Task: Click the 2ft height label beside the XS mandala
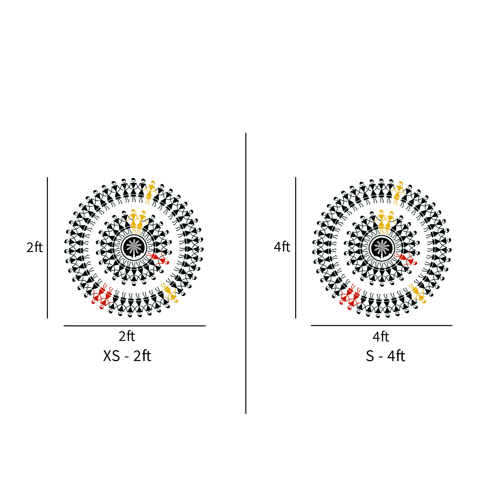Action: click(x=34, y=247)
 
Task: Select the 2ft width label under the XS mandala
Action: click(x=127, y=336)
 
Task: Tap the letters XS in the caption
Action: click(x=112, y=356)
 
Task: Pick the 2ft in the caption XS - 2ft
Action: click(x=142, y=356)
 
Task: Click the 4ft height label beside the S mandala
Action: click(x=282, y=247)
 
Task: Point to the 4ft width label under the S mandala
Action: click(x=381, y=337)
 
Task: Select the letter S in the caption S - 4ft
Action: click(x=370, y=356)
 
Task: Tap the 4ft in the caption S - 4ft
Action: click(x=396, y=356)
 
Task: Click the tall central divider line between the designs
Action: click(x=246, y=273)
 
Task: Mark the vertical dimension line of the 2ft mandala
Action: click(x=47, y=248)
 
